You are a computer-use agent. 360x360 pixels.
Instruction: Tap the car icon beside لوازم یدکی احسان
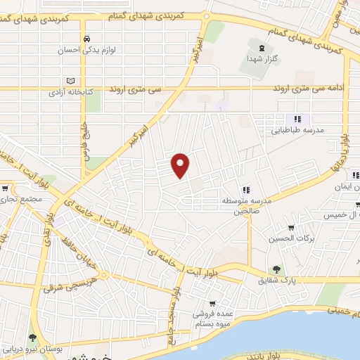(86, 39)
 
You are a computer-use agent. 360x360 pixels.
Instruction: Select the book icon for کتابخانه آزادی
(68, 81)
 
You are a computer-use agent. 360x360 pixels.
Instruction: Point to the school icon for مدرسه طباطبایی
(297, 120)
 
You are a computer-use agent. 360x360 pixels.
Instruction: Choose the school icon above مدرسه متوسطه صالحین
(246, 189)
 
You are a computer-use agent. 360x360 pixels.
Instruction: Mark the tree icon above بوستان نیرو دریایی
(31, 337)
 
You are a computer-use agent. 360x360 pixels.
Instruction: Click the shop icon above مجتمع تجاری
(5, 188)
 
